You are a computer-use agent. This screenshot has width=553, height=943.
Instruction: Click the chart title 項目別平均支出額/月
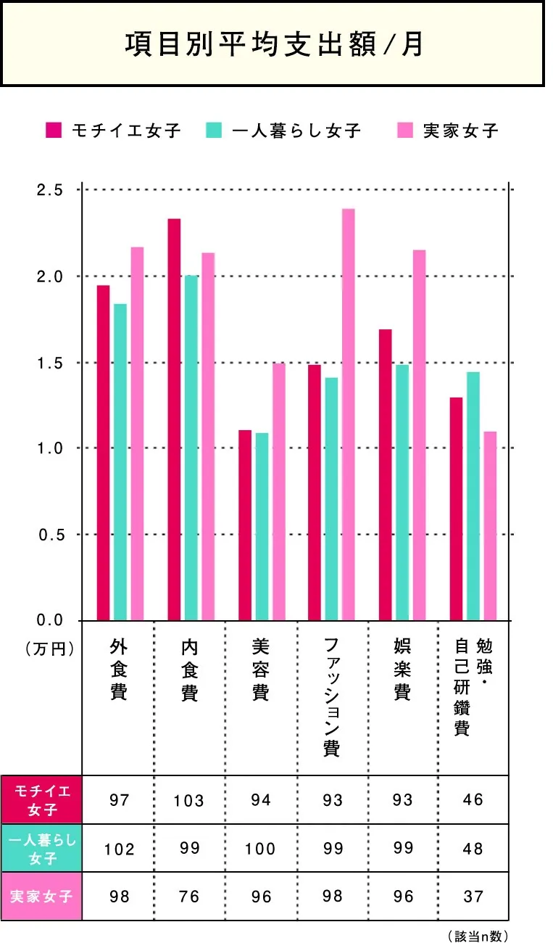click(x=273, y=44)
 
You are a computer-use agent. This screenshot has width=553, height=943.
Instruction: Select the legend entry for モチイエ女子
click(x=113, y=131)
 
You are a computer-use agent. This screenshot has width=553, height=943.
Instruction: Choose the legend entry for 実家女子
click(x=449, y=131)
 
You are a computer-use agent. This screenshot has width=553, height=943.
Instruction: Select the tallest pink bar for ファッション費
click(x=349, y=413)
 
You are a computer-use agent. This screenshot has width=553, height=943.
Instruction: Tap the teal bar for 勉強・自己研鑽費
click(x=473, y=496)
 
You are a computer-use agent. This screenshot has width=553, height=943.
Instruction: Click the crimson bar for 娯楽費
click(x=386, y=474)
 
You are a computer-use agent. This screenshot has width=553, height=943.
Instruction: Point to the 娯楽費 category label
click(x=402, y=670)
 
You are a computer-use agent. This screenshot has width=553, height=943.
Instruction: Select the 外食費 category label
click(x=119, y=670)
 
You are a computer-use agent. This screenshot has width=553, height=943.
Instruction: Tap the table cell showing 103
click(x=189, y=800)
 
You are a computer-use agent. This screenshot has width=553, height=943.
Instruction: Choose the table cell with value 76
click(x=189, y=897)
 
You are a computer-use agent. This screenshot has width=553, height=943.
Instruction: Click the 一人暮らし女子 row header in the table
click(x=41, y=848)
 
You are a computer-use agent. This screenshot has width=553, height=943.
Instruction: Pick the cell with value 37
click(x=473, y=897)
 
